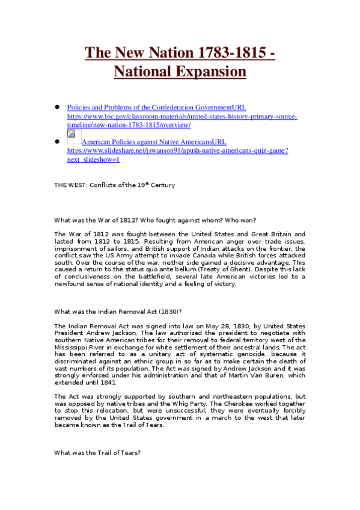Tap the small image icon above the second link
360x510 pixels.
pos(71,134)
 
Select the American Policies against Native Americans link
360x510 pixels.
pos(154,142)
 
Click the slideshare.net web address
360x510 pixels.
pos(177,150)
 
